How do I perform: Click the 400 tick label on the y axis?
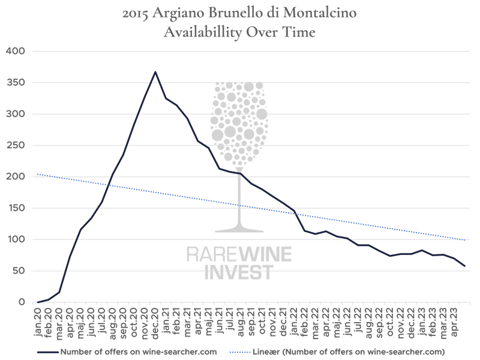(x=14, y=52)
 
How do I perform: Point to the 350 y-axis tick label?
(x=14, y=83)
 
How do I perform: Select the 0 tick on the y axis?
(x=20, y=302)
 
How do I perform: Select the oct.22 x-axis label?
(x=390, y=317)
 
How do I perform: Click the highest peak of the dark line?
(x=155, y=72)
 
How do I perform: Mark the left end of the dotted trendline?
(x=37, y=174)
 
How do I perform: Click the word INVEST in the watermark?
(x=239, y=272)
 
